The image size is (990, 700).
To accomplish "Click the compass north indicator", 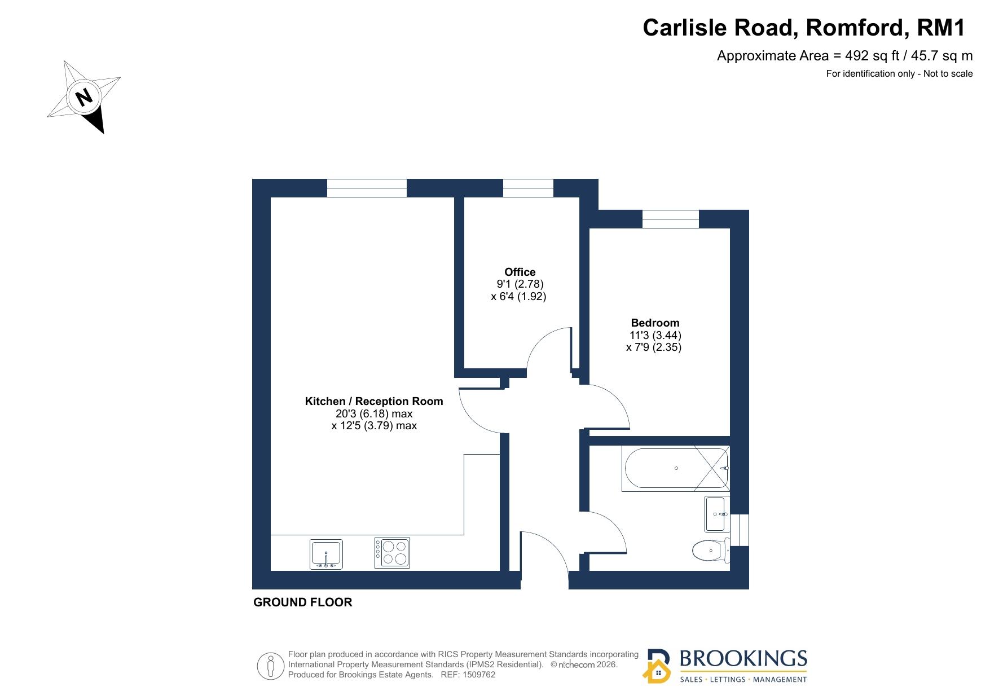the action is pos(84,97).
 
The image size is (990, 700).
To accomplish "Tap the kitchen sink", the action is pos(326,554).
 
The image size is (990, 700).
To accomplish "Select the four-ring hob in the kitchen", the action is pos(392,553).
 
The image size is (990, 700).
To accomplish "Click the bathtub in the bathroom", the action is pos(676,468).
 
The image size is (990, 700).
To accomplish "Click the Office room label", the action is pos(520,272).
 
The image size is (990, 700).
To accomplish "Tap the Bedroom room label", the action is pos(655,323).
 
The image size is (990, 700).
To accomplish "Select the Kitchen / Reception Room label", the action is pos(374,402).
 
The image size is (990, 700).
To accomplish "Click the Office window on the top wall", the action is pos(528,188).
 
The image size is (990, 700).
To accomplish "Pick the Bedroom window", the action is pos(671,219).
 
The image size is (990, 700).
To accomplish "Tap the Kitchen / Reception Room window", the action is pos(367,188).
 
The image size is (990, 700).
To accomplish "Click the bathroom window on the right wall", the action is pos(740,530).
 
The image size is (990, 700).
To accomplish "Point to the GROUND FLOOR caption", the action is pos(303,602).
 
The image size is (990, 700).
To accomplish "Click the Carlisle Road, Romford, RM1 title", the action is pos(804,28).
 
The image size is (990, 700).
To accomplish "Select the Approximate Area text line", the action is pos(844,56).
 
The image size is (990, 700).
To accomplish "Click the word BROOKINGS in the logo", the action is pos(743,658).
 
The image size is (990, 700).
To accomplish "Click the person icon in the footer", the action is pos(271,666).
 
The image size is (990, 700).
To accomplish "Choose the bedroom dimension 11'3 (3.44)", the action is pos(655,335).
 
